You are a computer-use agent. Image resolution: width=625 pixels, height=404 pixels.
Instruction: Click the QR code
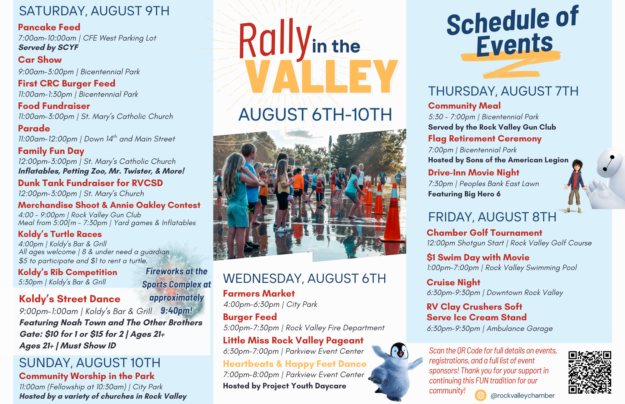590,372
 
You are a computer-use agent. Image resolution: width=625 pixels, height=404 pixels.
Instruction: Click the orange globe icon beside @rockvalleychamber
481,395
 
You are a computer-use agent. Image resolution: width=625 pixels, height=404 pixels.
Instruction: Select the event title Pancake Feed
49,27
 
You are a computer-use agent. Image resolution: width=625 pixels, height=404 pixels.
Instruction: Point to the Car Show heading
40,60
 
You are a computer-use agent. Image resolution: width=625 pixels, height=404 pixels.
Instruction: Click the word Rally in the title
275,40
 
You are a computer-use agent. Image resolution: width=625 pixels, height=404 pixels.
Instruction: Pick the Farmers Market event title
259,293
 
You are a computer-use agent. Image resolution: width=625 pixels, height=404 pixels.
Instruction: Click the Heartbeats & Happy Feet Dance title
295,364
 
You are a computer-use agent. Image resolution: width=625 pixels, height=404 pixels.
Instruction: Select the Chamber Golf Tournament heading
484,233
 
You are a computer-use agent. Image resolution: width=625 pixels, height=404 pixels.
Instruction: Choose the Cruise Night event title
453,282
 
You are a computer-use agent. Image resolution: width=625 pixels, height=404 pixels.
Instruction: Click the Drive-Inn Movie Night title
474,173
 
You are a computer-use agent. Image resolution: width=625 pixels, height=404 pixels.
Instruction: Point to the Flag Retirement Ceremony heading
485,139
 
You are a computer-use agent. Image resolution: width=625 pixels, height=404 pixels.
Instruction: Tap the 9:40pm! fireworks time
177,311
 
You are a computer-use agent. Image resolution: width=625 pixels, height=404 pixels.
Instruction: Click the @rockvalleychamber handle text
522,396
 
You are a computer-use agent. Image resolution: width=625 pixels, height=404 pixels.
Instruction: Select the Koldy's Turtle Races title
60,234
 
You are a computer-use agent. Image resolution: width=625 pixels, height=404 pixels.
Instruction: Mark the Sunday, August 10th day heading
90,363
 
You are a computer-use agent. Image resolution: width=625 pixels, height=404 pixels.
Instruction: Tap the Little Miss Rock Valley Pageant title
293,340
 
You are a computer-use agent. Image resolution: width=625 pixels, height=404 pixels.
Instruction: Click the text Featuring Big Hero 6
464,194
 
